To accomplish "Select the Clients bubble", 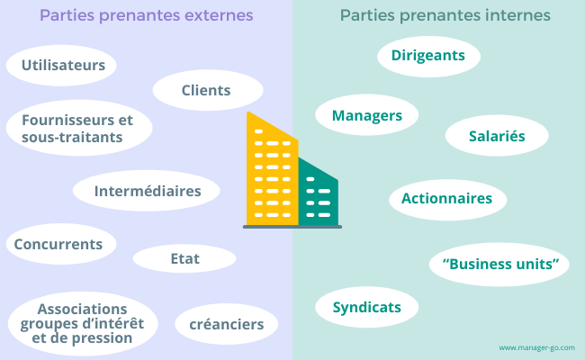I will click(207, 90).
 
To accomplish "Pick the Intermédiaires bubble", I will click(147, 191).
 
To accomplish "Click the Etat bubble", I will click(184, 259).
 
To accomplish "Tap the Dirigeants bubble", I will click(428, 56).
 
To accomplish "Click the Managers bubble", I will click(366, 115).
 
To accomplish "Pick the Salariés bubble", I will click(497, 136).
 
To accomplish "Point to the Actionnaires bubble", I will click(447, 198).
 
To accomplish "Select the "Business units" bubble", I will click(499, 265).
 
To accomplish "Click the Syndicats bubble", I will click(366, 307).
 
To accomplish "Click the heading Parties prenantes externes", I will click(146, 16).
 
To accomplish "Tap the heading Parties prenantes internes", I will click(445, 16).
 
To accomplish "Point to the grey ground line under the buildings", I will click(292, 227).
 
